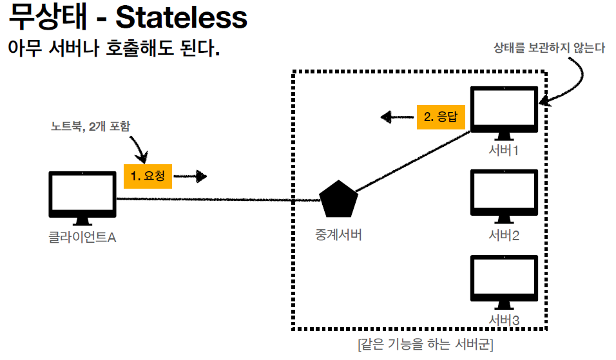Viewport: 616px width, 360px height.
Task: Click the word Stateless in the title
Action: [181, 19]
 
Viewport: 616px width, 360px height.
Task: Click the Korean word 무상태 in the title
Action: [48, 19]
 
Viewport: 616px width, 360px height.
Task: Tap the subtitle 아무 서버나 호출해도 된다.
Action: [113, 49]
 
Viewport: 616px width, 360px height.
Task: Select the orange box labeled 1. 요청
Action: [148, 175]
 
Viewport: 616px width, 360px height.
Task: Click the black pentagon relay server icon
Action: [339, 200]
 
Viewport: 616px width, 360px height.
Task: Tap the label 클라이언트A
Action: [82, 238]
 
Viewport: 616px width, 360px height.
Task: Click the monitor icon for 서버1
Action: [504, 111]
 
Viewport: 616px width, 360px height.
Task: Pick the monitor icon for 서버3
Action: [504, 279]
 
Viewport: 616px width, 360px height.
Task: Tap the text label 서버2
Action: [504, 234]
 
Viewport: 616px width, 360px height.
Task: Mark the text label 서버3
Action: [504, 319]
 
